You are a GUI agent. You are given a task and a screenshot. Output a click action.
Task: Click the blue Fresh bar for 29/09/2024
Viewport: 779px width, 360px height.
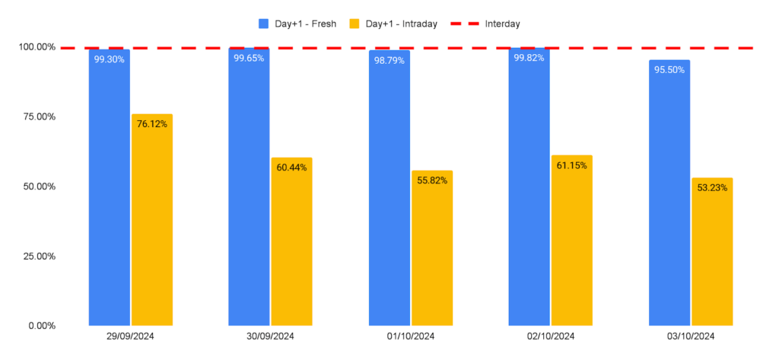coord(110,187)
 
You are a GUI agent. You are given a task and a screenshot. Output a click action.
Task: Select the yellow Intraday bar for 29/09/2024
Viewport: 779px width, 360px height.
coord(152,220)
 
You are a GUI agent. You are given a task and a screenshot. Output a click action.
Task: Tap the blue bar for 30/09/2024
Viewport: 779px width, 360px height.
coord(249,187)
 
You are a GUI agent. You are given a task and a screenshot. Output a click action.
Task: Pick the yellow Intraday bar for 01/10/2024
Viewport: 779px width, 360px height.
coord(432,248)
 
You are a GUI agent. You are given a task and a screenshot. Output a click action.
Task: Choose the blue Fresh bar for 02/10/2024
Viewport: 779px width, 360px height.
coord(529,187)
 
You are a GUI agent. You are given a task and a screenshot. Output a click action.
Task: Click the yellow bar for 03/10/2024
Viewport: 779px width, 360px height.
coord(712,252)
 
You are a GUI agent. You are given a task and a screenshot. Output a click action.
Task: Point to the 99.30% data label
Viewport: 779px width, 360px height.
coord(110,60)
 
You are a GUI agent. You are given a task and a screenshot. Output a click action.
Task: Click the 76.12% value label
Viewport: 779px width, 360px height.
coord(152,124)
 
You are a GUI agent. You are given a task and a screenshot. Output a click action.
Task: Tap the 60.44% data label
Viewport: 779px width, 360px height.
coord(291,167)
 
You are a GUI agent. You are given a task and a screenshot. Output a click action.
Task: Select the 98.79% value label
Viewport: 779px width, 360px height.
coord(389,61)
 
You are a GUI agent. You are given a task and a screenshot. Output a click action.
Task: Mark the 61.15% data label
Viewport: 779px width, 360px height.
coord(571,166)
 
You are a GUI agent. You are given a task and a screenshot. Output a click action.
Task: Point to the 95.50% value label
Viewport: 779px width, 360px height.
coord(669,70)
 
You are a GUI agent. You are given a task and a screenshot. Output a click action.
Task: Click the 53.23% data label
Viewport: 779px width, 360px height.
coord(712,188)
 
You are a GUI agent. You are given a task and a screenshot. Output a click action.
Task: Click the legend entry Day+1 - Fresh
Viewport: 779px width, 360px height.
coord(297,24)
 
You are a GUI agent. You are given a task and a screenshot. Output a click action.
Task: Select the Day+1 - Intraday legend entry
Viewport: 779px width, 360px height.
coord(393,24)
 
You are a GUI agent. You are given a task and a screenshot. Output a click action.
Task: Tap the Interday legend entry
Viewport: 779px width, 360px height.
coord(485,24)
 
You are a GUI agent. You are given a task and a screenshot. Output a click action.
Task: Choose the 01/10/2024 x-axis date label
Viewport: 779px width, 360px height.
coord(411,336)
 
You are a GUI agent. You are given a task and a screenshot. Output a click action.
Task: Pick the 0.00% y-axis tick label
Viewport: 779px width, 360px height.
coord(42,327)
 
